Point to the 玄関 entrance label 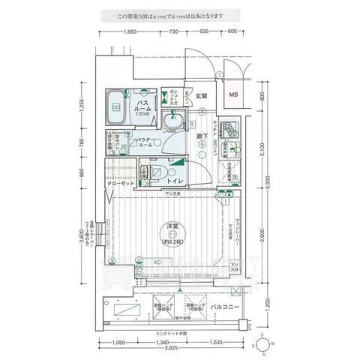(201, 96)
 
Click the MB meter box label (233, 96)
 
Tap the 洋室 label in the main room (171, 229)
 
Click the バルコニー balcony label (226, 307)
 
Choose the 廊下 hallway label (202, 136)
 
